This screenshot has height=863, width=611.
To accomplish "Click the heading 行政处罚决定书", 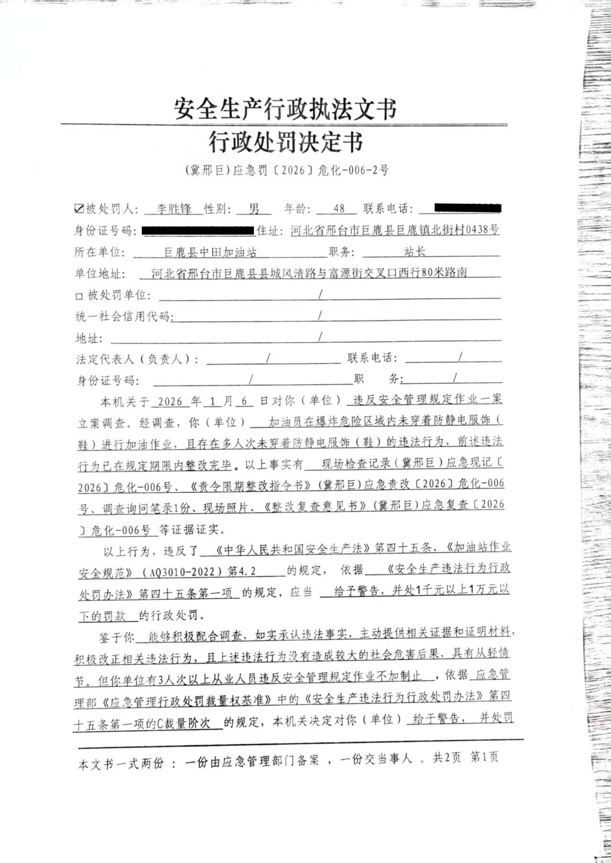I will pyautogui.click(x=286, y=142).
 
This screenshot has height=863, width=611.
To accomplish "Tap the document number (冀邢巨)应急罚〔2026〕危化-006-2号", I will pyautogui.click(x=286, y=170).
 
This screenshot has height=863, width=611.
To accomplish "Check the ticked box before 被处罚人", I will pyautogui.click(x=79, y=208).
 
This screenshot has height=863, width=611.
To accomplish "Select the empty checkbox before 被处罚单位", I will pyautogui.click(x=79, y=296).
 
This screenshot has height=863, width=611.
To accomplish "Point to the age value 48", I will pyautogui.click(x=339, y=209).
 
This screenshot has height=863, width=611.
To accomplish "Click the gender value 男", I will pyautogui.click(x=254, y=209).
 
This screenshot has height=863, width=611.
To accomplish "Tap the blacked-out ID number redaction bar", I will pyautogui.click(x=198, y=231).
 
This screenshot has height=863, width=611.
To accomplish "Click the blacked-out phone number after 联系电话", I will pyautogui.click(x=467, y=208).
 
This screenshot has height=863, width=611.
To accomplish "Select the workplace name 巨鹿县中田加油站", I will pyautogui.click(x=210, y=252).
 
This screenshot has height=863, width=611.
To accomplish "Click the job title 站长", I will pyautogui.click(x=414, y=251).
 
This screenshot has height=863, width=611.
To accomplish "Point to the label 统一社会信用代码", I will pyautogui.click(x=123, y=316).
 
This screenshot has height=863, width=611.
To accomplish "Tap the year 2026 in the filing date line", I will pyautogui.click(x=170, y=401).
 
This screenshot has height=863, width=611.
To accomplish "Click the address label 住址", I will pyautogui.click(x=268, y=231).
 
